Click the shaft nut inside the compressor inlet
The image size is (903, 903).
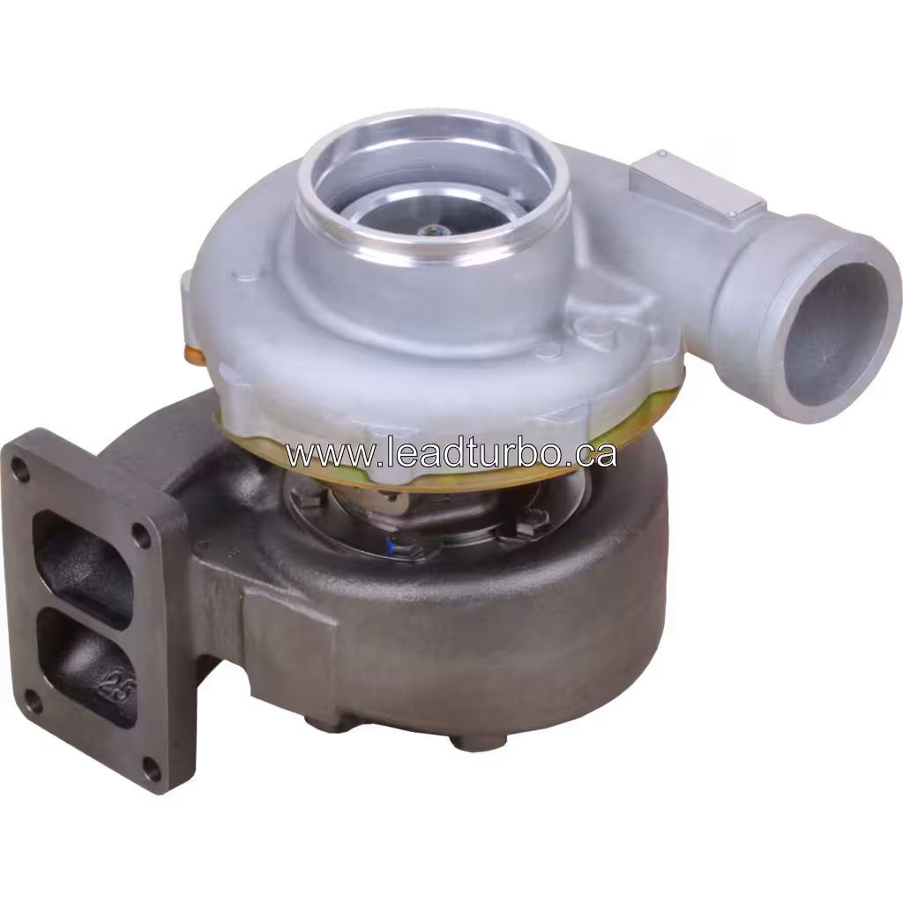[430, 232]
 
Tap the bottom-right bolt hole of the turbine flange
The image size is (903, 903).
[150, 767]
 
